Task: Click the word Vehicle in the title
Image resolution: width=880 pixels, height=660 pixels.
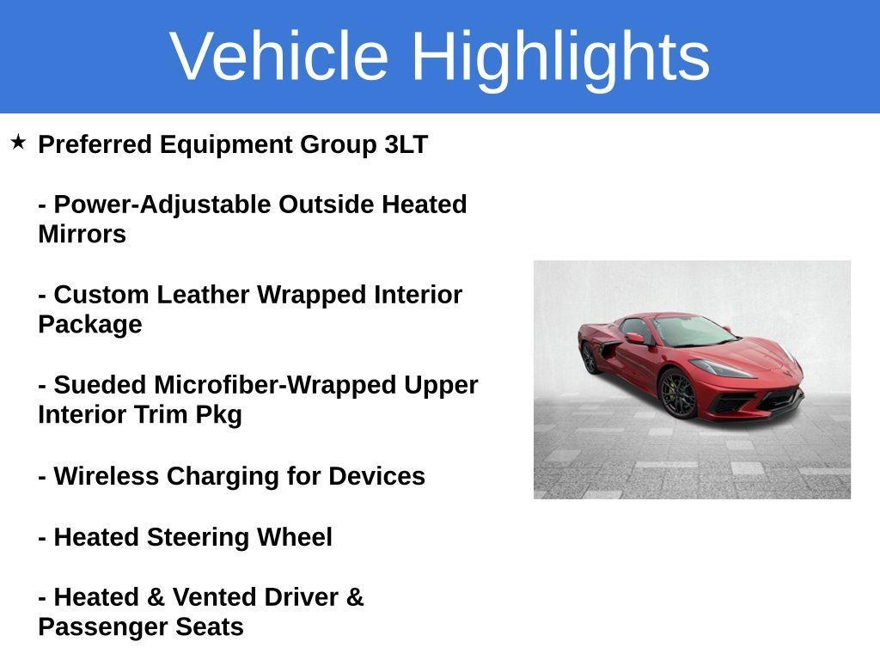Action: point(279,56)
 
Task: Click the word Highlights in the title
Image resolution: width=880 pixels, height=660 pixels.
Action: point(560,56)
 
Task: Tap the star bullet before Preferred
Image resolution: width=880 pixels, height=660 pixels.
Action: point(18,142)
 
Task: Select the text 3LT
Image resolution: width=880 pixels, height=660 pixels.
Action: point(406,144)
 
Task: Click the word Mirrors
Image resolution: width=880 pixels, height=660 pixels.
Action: point(82,235)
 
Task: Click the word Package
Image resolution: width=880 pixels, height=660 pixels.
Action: point(89,325)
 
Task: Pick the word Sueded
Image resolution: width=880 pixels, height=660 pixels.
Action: point(100,385)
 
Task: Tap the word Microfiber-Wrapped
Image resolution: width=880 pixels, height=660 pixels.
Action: point(275,385)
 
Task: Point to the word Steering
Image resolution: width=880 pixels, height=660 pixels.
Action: point(199,537)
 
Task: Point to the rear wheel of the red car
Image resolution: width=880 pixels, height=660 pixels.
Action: point(589,357)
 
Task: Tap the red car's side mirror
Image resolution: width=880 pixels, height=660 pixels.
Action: point(634,338)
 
